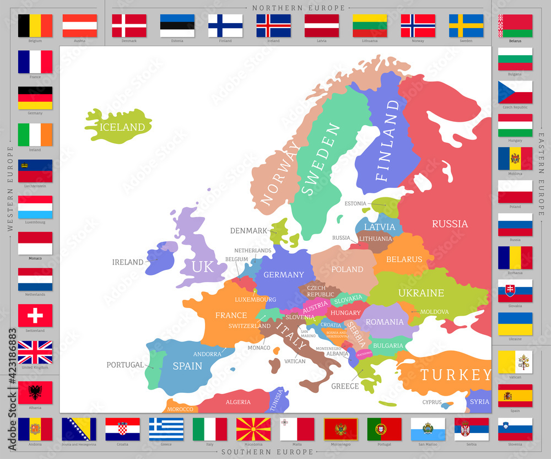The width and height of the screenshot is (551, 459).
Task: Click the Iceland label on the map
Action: tap(122, 127)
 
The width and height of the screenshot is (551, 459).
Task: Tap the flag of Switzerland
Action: tap(35, 316)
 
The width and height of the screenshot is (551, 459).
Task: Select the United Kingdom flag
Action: tap(35, 352)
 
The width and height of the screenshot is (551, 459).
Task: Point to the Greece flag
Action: tap(166, 429)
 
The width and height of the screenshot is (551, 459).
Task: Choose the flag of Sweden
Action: tap(466, 25)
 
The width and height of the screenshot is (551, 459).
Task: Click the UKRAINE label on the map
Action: tap(421, 293)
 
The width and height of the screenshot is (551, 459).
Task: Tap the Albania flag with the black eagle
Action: tap(35, 392)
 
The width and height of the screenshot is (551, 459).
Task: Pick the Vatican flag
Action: tap(515, 362)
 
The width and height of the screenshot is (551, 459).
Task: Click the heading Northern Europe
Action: tap(299, 8)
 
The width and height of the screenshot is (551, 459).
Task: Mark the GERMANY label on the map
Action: tap(284, 274)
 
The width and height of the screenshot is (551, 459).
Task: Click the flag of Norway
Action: tap(418, 25)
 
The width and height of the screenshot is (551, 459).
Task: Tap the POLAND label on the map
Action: tap(347, 269)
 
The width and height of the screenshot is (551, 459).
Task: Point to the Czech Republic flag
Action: tap(515, 92)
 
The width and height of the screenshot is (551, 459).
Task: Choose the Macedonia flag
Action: tap(253, 429)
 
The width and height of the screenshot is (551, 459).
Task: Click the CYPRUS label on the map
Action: tap(432, 402)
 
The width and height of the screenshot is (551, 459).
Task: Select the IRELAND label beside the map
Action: tap(128, 262)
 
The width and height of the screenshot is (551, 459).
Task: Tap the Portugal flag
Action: tap(385, 429)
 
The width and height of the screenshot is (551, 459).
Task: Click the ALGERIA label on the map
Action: tap(238, 402)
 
